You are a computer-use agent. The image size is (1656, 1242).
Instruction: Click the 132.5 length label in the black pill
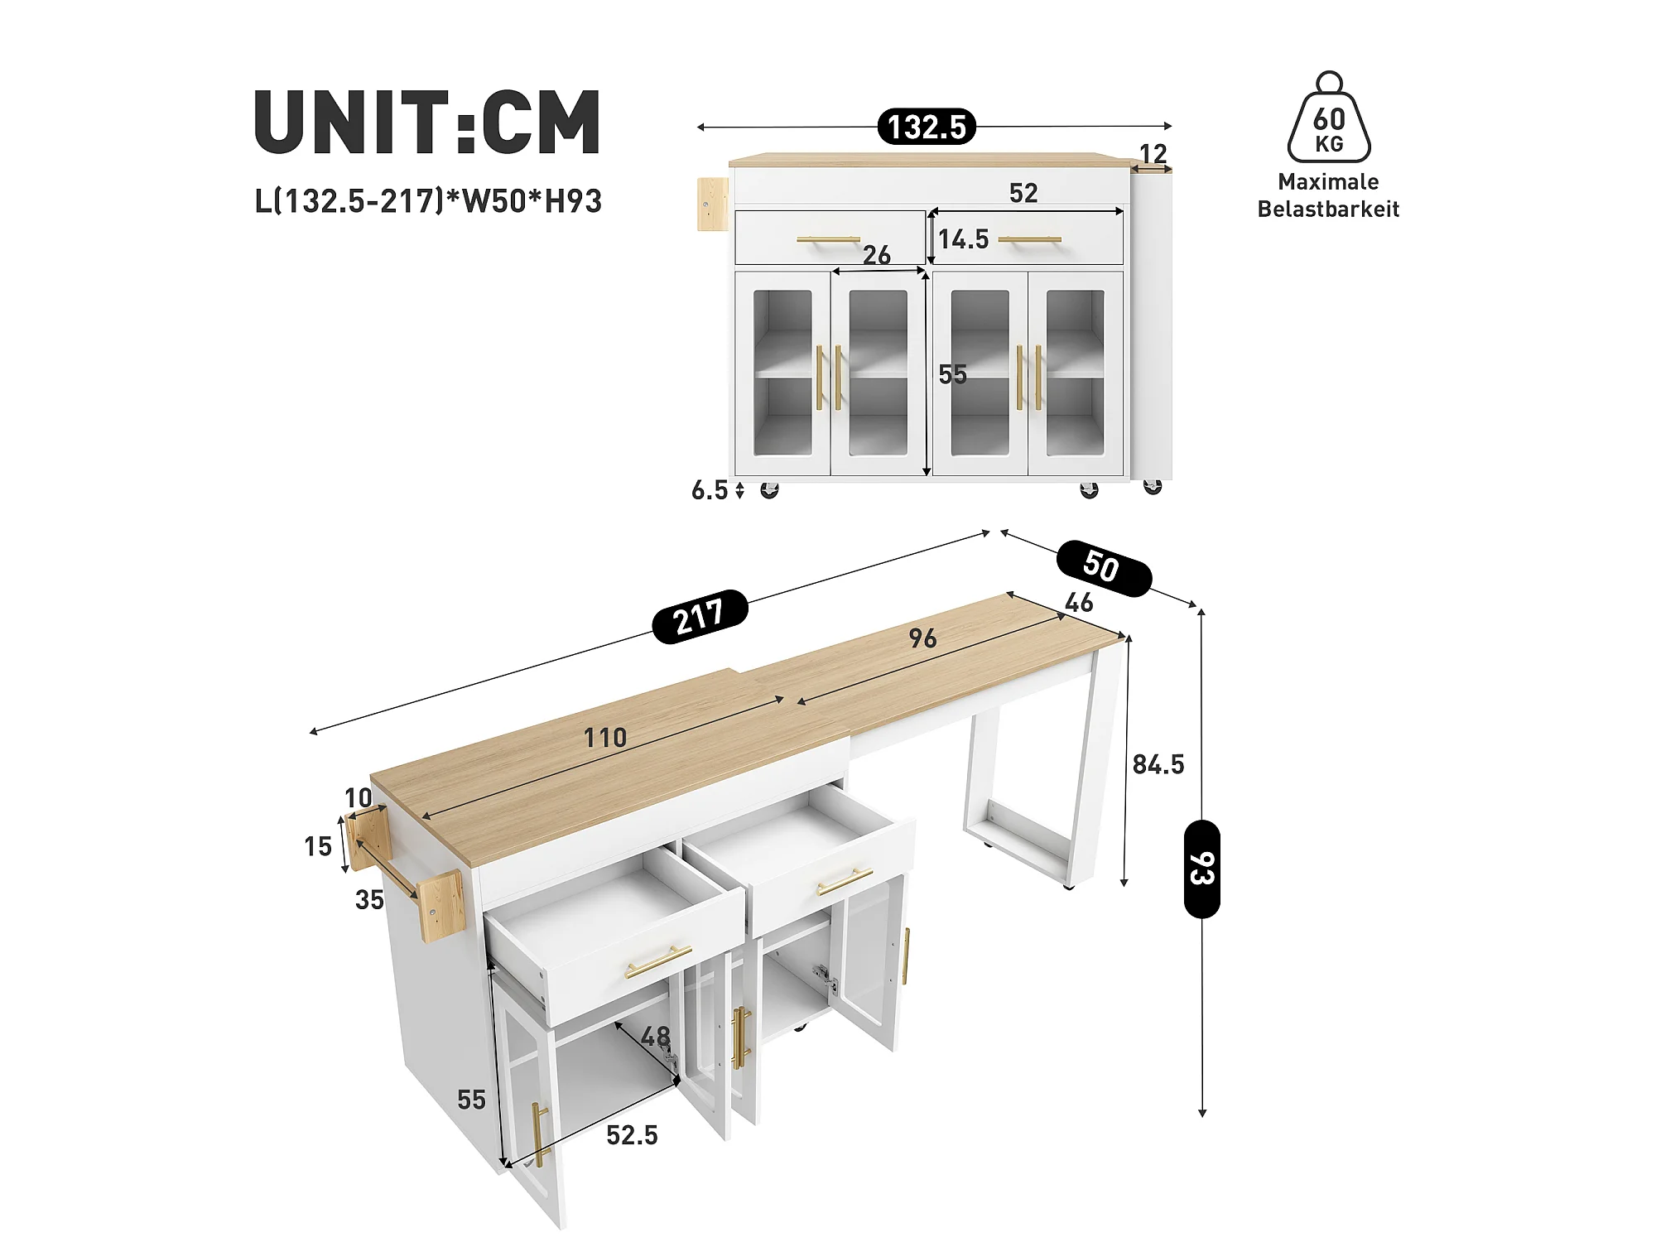click(927, 127)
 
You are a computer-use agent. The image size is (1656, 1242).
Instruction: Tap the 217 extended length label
click(700, 617)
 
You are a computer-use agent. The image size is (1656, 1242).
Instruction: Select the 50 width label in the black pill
click(1104, 568)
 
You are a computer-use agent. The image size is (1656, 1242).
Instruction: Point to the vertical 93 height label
click(1202, 869)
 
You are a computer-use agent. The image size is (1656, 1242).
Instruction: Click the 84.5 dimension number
click(1158, 764)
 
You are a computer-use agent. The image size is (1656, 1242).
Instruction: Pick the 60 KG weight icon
click(1329, 117)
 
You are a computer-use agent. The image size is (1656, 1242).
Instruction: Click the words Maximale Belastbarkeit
click(1328, 195)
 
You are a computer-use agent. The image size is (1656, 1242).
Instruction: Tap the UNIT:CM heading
click(427, 122)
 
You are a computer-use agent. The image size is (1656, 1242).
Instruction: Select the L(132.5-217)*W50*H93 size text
click(428, 201)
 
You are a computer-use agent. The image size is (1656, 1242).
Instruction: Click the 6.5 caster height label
click(710, 490)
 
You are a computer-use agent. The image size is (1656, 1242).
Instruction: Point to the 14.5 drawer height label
click(963, 239)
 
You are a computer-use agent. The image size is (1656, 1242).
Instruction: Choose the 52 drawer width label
click(1023, 193)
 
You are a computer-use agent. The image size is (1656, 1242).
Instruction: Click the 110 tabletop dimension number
click(605, 738)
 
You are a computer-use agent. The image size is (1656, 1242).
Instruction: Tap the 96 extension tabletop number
click(923, 638)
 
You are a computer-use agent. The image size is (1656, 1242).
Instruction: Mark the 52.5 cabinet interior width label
click(632, 1135)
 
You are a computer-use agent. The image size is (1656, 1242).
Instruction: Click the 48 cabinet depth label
click(656, 1037)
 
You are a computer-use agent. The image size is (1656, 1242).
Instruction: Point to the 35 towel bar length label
click(369, 900)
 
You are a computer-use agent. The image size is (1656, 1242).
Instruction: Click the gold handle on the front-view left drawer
click(829, 240)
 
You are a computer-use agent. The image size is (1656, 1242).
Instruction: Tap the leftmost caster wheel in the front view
click(769, 490)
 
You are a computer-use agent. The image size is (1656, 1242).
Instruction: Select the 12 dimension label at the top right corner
click(1153, 153)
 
